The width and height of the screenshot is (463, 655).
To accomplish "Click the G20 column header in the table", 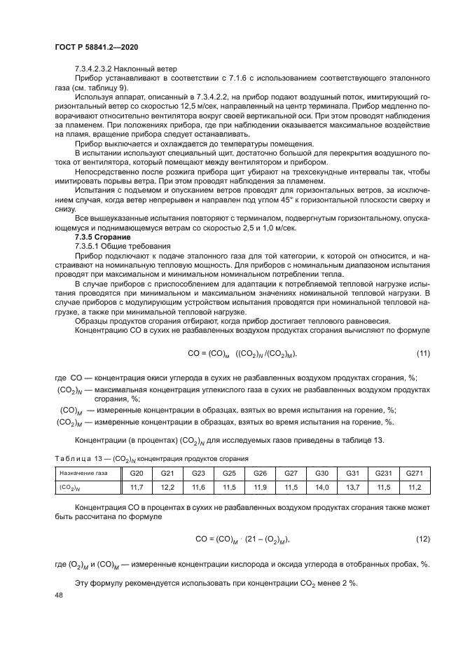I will tap(137, 473).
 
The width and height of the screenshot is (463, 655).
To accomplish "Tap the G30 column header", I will tap(322, 473).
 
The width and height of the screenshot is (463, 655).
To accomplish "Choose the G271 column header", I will tap(415, 473).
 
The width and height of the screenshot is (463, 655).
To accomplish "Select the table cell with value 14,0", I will tap(322, 486).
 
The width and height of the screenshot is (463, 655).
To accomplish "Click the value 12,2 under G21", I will tap(167, 486).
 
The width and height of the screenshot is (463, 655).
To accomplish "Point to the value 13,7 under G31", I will tap(353, 486).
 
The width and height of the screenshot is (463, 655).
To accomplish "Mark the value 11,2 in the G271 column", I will tap(415, 486).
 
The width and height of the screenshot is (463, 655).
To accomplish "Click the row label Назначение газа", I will tap(79, 474).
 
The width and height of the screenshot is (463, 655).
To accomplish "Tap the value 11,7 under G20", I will tap(137, 486).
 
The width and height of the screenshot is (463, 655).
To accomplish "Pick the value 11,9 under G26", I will tap(261, 486).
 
